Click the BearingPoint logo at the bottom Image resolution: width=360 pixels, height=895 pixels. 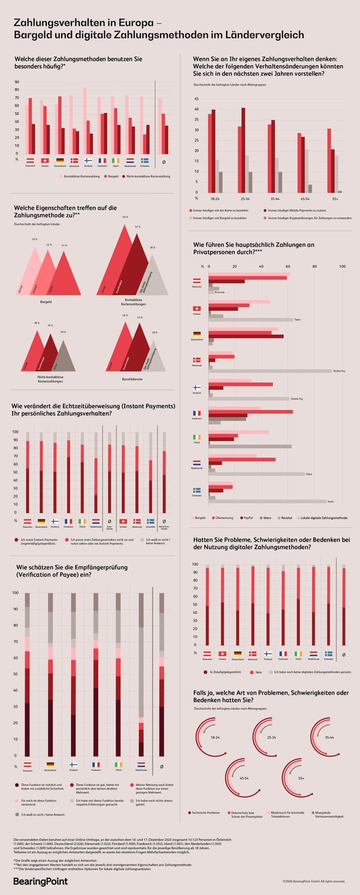point(40,881)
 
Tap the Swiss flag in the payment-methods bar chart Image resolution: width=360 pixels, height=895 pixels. point(45,161)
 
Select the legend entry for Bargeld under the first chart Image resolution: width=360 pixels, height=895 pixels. point(111,176)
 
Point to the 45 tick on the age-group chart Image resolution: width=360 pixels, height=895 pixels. point(196,98)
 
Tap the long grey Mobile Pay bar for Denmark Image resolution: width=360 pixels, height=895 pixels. point(270,371)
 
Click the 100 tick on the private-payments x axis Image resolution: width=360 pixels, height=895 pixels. point(343,267)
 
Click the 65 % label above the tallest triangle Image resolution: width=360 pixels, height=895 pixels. point(125,217)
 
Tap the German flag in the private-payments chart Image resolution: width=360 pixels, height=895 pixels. point(196,334)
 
